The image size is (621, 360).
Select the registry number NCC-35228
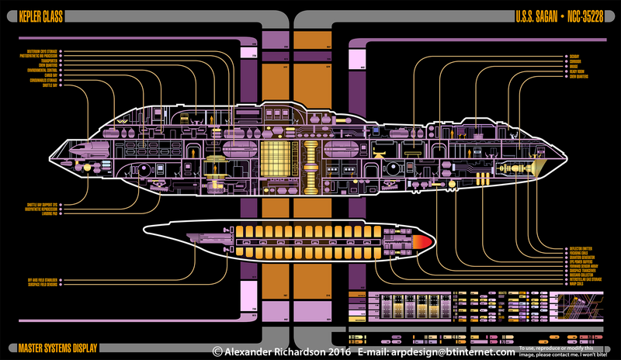(x=586, y=16)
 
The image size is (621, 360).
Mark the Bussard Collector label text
(x=586, y=276)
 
